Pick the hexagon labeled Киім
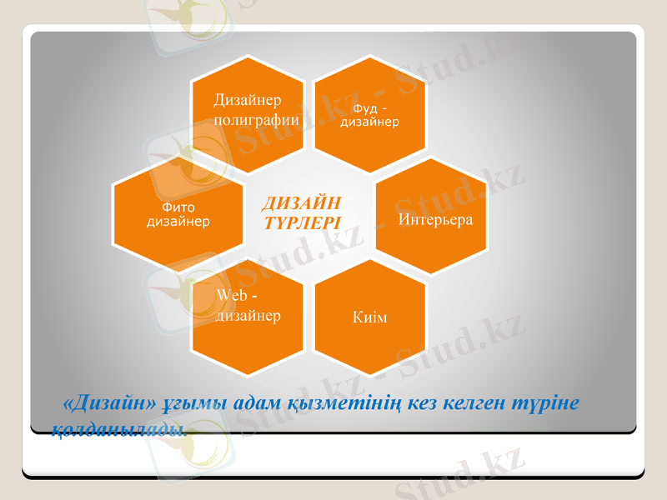pos(369,317)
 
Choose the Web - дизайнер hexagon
pos(247,317)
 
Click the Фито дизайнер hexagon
pos(178,215)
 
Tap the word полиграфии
pos(256,119)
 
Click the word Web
pos(231,296)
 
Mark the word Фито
pos(178,207)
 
